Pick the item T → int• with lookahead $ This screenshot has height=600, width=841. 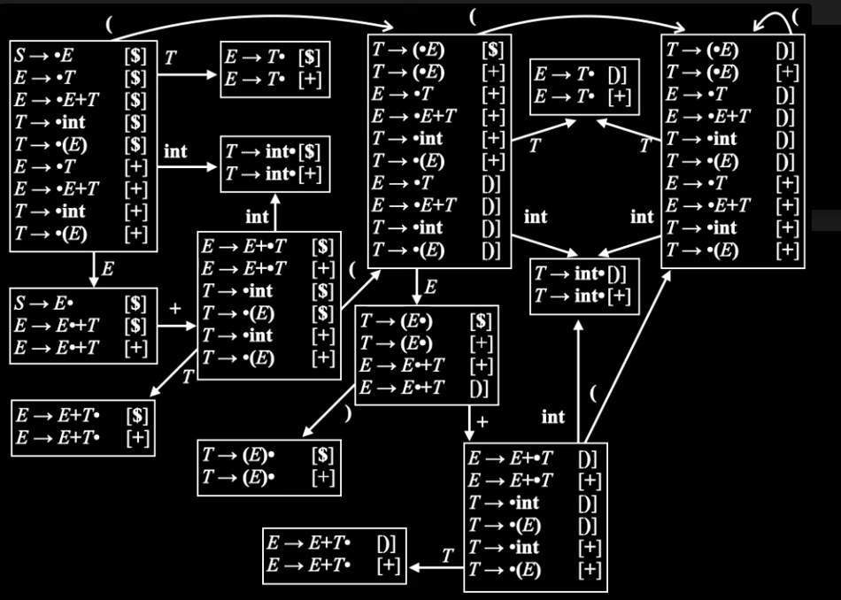(x=273, y=151)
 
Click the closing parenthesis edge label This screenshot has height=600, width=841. (x=348, y=413)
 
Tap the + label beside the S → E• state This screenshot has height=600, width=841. (x=175, y=308)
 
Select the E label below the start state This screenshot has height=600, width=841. (x=107, y=269)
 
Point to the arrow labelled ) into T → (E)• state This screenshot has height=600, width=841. (x=328, y=411)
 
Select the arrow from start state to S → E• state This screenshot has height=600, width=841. (x=94, y=270)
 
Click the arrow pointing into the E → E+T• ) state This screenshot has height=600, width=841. (x=436, y=566)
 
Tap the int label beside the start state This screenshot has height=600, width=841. (x=175, y=151)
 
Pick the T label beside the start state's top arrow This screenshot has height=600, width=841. (x=170, y=58)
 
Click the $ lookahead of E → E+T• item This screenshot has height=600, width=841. (x=137, y=416)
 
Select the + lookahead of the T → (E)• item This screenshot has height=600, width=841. (x=323, y=477)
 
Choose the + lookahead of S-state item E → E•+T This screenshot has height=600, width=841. (x=135, y=348)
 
